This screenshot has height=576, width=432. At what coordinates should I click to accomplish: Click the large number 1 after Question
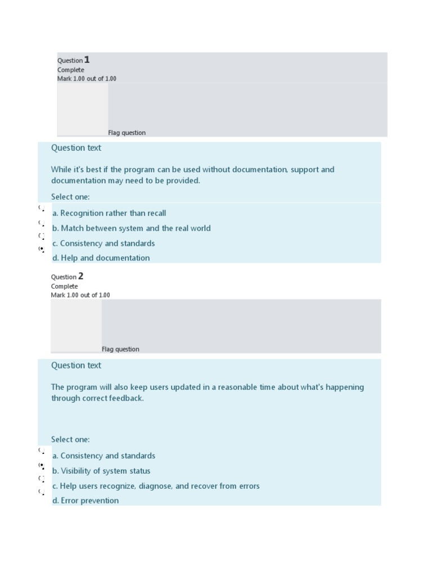(87, 60)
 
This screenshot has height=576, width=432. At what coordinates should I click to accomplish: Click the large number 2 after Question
(80, 276)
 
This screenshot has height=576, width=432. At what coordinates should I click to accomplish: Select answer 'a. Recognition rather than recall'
(109, 213)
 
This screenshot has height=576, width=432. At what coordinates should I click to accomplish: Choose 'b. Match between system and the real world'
(132, 228)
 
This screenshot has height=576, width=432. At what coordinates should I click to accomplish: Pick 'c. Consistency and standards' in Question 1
(103, 244)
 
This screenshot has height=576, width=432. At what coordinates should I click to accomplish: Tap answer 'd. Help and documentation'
(101, 258)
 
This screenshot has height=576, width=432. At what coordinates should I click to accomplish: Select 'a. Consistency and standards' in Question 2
(103, 456)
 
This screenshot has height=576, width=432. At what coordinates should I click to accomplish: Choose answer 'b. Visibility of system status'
(101, 471)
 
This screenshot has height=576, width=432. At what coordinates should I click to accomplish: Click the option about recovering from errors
(156, 486)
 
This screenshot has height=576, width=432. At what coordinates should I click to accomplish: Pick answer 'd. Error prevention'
(85, 501)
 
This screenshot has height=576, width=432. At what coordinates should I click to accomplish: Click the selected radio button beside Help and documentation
(41, 249)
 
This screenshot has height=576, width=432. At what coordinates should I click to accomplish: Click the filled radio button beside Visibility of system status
(41, 466)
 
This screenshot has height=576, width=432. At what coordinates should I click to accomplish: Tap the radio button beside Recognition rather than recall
(41, 208)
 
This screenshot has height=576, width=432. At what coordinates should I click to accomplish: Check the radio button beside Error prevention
(41, 492)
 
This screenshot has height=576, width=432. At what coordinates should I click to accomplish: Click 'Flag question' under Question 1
(127, 133)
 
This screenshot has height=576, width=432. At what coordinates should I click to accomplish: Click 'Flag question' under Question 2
(120, 349)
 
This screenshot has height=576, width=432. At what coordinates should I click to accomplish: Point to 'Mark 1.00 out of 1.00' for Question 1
(87, 79)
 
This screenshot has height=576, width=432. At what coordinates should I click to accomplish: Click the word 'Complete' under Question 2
(65, 286)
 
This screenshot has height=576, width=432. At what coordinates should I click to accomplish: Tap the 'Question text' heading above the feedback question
(76, 366)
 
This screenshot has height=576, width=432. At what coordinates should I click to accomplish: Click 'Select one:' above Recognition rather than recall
(70, 197)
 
